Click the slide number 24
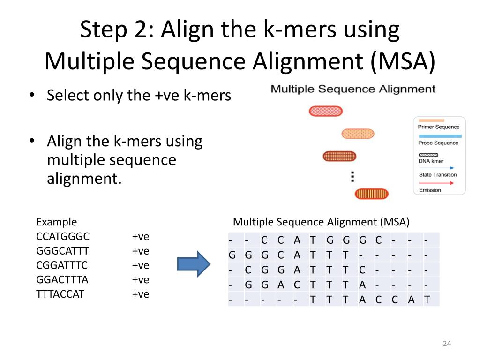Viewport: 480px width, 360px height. [x=446, y=344]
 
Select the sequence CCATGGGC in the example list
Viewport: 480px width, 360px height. [x=62, y=236]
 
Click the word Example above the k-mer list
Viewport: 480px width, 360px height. [x=56, y=222]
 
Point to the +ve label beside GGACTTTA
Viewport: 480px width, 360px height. [x=140, y=280]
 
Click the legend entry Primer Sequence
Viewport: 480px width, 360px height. [x=439, y=127]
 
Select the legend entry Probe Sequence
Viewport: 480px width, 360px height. [x=438, y=142]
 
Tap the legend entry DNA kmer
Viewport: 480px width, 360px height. [x=431, y=161]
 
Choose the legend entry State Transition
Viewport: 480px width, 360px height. [x=437, y=175]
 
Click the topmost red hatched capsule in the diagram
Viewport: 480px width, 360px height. [x=326, y=111]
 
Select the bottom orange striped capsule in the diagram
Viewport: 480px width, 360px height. [x=372, y=193]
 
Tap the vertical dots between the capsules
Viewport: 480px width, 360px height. [x=352, y=176]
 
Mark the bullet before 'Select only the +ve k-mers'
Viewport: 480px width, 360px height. [x=31, y=96]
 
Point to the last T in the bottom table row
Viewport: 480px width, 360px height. [x=427, y=300]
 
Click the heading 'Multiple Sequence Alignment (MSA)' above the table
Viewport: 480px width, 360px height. [x=321, y=222]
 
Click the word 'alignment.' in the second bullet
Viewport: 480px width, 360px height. [x=84, y=178]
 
